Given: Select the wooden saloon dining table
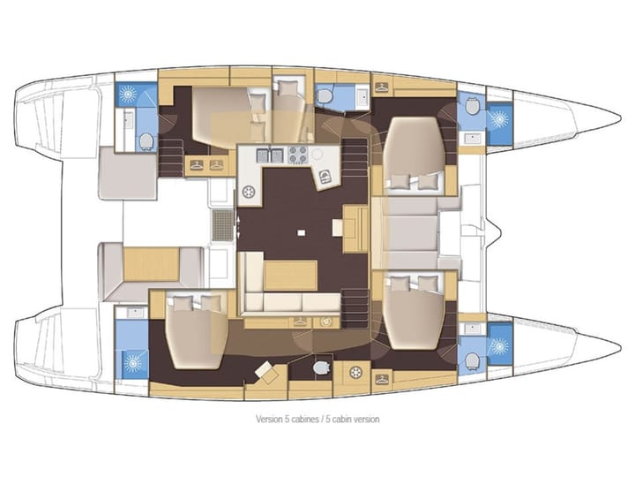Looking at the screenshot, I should [291, 274].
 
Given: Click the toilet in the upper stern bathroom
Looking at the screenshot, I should [145, 140].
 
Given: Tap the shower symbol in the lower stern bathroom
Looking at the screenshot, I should [135, 360].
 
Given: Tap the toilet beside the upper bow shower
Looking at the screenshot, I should [472, 105].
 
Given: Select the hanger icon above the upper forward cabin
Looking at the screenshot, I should [382, 87].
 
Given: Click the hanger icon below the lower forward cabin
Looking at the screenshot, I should [382, 379].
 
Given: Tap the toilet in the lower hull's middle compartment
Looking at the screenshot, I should [322, 366].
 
